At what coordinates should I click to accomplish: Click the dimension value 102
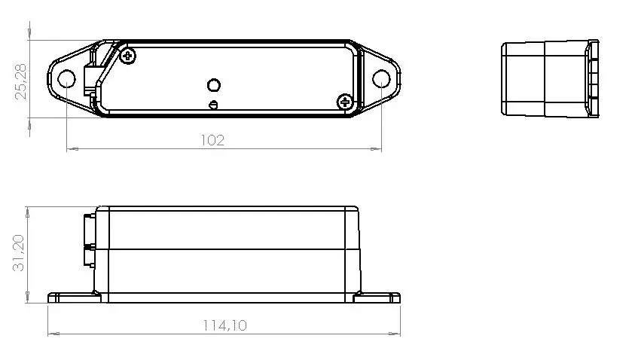point(214,140)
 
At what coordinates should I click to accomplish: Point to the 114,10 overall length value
point(224,325)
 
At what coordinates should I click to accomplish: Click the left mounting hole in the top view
point(66,78)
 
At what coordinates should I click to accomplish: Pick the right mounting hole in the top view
point(382,78)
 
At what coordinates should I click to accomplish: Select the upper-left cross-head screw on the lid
point(129,55)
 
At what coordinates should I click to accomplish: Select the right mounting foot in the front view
point(377,297)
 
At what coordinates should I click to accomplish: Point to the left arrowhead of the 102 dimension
point(72,149)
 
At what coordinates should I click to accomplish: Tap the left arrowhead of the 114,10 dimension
point(53,334)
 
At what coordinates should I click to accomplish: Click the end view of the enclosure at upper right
point(550,78)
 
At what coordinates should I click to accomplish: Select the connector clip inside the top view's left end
point(95,75)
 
